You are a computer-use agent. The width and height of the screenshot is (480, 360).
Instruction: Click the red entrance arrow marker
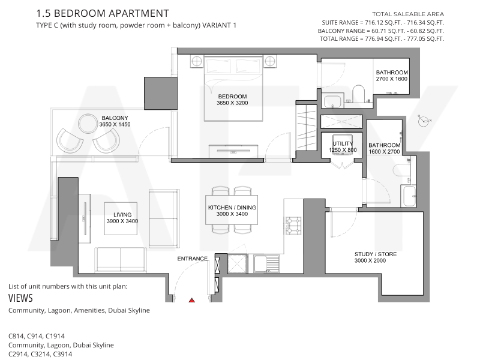(191, 301)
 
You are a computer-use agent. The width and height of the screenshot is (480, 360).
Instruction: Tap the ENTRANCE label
(192, 259)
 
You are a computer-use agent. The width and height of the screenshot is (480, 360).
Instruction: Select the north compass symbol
(424, 121)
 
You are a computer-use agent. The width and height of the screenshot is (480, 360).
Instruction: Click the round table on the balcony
(88, 124)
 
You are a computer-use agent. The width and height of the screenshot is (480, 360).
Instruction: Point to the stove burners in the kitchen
(293, 226)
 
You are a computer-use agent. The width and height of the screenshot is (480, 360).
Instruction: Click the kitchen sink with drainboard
(266, 264)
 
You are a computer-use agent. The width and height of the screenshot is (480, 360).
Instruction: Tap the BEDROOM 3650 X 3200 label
(232, 100)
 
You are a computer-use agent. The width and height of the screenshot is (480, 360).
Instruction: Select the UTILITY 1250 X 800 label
(343, 146)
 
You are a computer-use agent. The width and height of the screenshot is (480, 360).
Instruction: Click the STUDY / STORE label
(376, 254)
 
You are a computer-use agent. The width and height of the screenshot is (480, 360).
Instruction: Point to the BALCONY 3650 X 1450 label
(115, 121)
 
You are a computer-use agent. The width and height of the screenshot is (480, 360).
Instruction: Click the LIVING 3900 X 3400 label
(122, 218)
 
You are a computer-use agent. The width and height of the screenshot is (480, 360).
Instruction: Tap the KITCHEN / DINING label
(232, 208)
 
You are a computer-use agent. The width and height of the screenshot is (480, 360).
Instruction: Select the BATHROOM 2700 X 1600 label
(392, 76)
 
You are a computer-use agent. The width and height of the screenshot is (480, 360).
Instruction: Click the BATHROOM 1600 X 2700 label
(384, 148)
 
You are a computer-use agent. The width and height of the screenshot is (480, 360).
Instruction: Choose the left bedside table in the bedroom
(197, 61)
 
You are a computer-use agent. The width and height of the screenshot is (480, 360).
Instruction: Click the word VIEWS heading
(20, 298)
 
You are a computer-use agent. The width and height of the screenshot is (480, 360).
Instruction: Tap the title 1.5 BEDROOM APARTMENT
(103, 13)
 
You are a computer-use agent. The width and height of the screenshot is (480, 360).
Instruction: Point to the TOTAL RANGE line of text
(382, 39)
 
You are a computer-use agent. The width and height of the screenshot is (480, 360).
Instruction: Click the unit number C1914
(55, 336)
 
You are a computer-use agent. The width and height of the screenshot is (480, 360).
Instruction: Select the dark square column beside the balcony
(161, 93)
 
